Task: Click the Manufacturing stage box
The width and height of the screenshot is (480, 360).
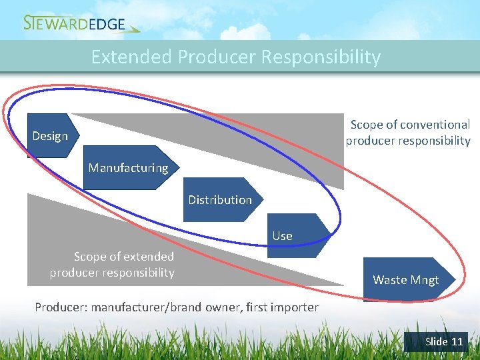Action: (129, 168)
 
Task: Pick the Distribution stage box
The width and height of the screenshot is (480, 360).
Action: (220, 200)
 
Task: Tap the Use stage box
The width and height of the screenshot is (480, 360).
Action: (293, 235)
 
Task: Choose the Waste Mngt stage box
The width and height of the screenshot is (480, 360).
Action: (406, 280)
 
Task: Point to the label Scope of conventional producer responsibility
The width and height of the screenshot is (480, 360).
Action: (409, 133)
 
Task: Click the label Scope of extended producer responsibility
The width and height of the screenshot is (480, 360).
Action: (113, 265)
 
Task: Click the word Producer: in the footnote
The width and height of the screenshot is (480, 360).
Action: (61, 307)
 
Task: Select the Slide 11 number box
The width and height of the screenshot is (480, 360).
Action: (437, 341)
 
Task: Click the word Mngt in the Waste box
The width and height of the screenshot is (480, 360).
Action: (425, 280)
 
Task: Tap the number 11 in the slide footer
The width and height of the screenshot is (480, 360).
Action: (457, 341)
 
